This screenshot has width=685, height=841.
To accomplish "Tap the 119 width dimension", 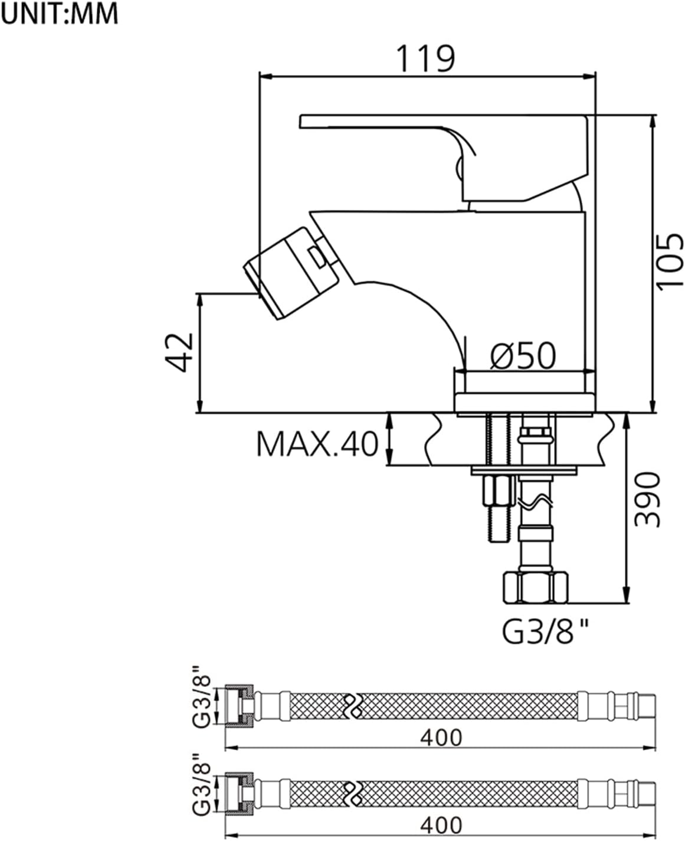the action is coord(425,58).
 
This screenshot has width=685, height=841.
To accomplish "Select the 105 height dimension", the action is coord(670,261).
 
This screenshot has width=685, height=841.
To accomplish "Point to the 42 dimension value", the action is coord(179,352).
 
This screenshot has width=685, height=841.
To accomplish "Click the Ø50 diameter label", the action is coord(523,356).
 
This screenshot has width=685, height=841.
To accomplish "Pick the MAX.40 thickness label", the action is coord(317,444).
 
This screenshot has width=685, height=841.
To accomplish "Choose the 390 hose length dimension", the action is coord(647,499).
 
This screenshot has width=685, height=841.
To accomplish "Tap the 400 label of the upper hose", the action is coord(441,738).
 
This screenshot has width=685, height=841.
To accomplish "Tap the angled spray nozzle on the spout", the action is coord(291,273).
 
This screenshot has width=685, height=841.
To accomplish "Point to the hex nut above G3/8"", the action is coord(536,588).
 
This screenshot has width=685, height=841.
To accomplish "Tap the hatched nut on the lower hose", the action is coord(239,794).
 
